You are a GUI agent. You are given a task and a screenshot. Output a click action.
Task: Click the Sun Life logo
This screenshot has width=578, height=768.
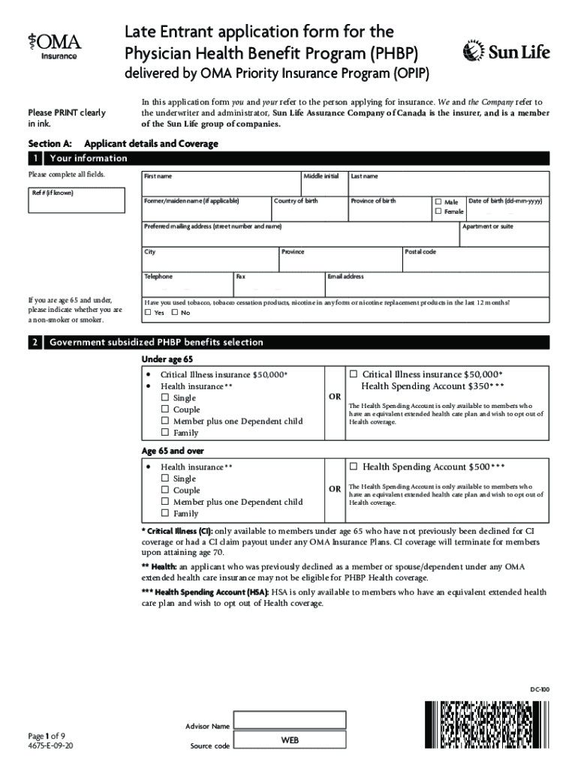pos(507,51)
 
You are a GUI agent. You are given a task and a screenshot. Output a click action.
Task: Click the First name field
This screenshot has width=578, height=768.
pos(221,185)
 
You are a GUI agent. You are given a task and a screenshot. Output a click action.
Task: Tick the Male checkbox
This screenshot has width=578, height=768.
pos(439,202)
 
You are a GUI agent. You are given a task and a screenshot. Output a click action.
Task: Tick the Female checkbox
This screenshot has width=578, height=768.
pos(439,212)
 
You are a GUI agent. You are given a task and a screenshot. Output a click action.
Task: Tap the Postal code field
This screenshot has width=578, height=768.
pos(476,260)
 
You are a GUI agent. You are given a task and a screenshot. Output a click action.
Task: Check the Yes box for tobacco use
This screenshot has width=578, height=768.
pos(149,313)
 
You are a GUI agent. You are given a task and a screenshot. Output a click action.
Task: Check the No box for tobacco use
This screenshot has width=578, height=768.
pos(176,313)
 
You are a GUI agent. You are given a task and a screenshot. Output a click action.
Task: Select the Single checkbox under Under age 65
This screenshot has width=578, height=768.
pos(165,398)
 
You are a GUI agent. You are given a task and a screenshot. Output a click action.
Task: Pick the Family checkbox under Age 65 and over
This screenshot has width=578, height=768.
pos(165,514)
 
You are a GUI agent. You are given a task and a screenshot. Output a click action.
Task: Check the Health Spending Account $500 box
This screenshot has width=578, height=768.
pos(354,466)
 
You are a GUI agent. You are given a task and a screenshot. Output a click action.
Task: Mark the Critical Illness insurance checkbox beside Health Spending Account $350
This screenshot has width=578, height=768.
pos(354,374)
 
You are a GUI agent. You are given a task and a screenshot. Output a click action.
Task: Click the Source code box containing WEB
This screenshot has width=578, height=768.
pos(289,741)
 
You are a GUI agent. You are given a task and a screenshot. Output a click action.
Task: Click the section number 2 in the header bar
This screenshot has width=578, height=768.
pos(35,342)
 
